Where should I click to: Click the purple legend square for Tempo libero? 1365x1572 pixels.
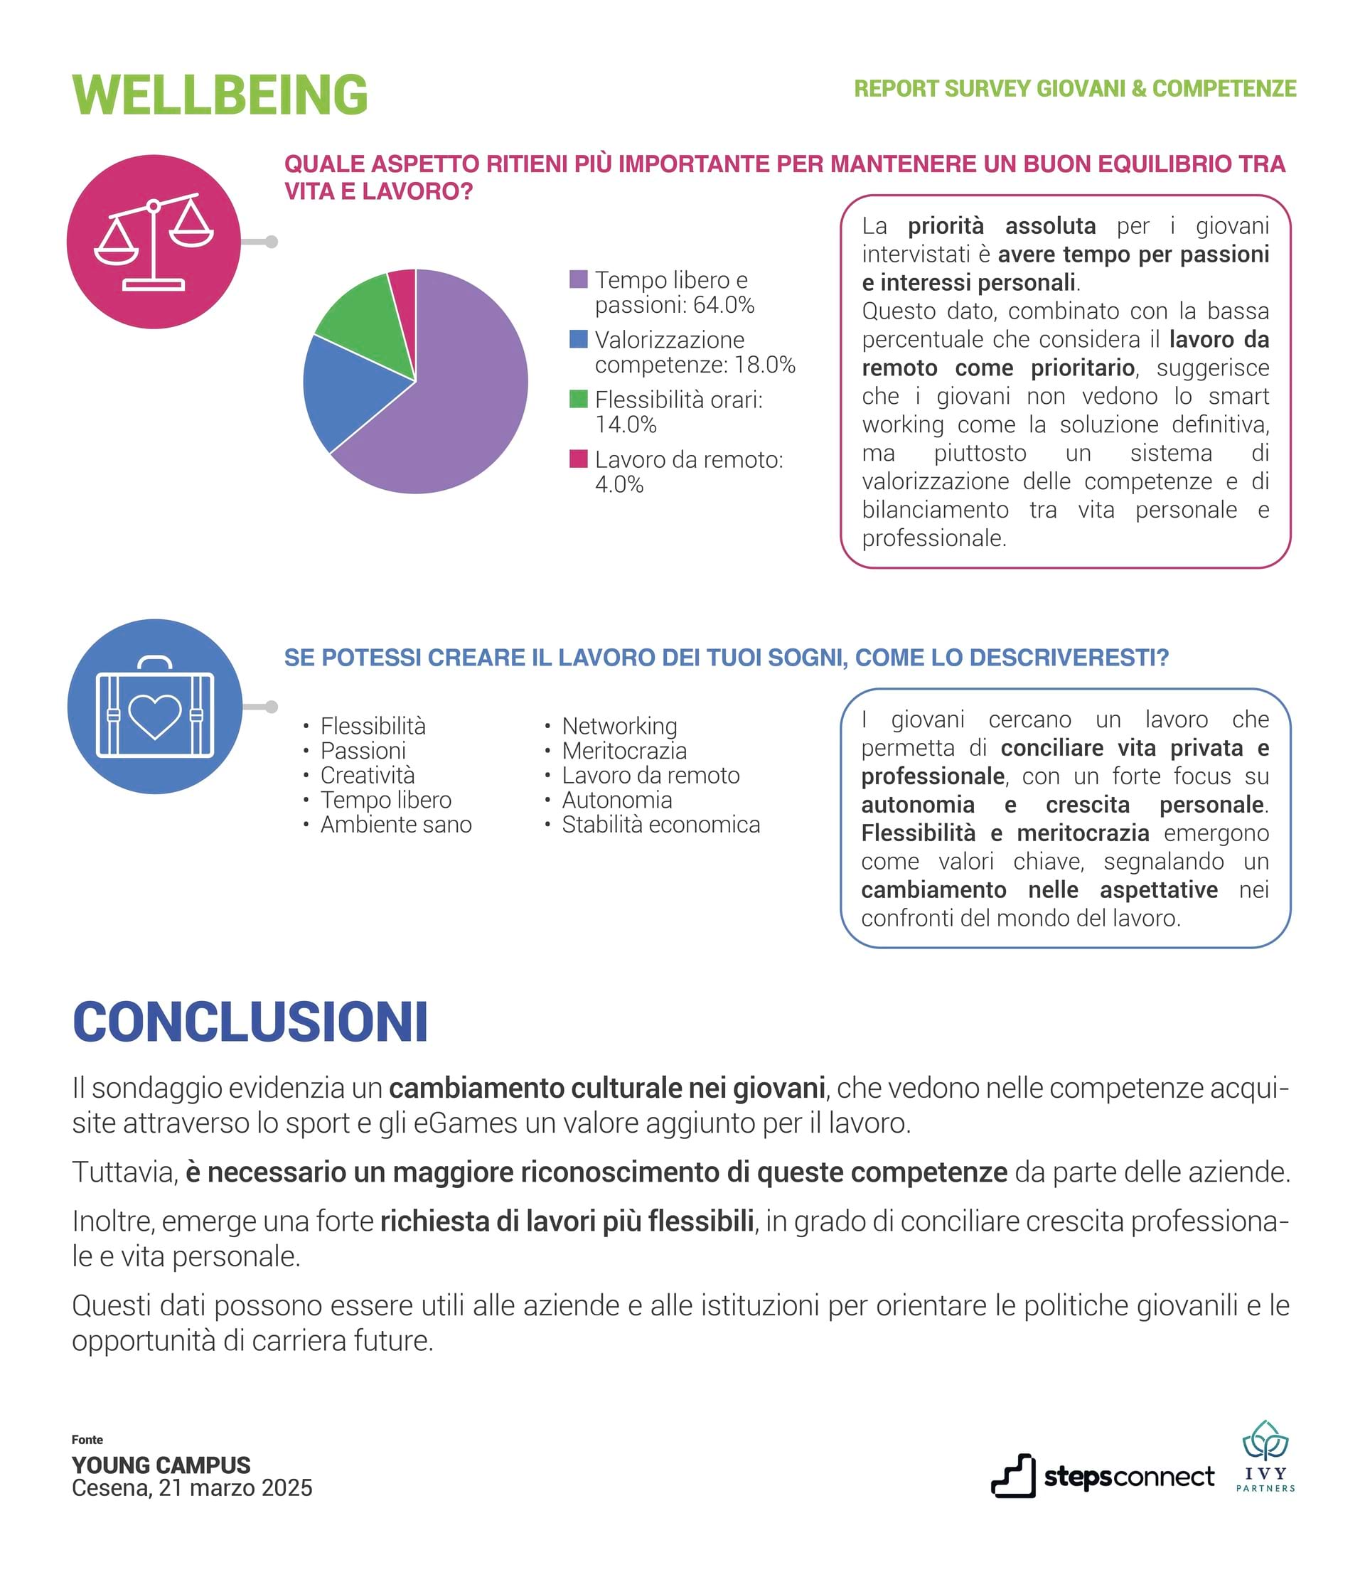[578, 279]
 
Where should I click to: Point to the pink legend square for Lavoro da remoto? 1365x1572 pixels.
[578, 459]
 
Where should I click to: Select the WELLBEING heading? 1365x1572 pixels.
[220, 95]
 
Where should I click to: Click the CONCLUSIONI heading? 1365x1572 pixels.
[250, 1022]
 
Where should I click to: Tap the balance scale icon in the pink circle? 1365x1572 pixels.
[154, 242]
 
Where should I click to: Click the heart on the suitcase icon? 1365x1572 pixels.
[155, 716]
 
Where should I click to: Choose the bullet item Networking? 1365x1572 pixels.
[619, 726]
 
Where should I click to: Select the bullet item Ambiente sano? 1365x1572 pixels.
[395, 824]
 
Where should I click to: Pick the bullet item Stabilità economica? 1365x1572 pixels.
[660, 824]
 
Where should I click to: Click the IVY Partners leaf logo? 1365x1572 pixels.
[1265, 1442]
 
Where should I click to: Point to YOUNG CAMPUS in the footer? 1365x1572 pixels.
[161, 1465]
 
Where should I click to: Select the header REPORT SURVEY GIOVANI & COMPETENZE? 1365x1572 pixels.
[1074, 88]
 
